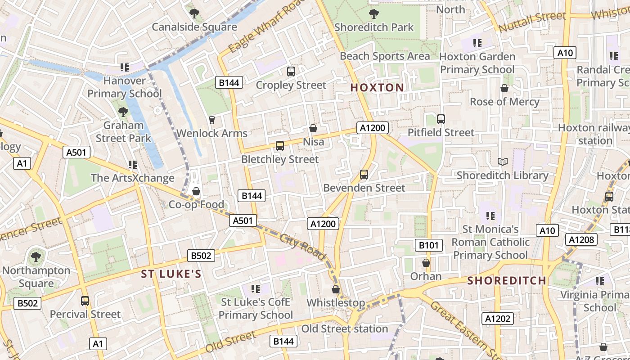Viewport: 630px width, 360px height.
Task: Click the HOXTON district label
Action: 377,88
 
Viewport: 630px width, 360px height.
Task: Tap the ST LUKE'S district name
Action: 171,274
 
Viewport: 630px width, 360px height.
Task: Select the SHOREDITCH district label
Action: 507,281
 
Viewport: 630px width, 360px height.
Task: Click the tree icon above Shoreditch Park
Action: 373,14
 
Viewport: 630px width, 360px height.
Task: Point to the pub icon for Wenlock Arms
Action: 212,120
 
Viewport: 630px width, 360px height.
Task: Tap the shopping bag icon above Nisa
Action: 313,128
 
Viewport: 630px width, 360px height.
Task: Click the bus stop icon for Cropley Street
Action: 291,71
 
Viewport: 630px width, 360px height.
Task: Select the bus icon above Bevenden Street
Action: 364,174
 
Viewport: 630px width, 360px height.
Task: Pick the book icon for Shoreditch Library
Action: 503,162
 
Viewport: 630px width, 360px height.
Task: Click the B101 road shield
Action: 428,245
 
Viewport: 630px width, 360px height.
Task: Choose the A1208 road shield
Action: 581,239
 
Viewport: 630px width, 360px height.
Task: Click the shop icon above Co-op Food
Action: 196,191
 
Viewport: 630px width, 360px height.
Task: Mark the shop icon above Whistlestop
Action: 336,289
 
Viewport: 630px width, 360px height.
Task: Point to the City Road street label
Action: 302,247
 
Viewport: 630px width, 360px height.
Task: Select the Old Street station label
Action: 345,329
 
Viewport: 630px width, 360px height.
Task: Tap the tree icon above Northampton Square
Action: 36,257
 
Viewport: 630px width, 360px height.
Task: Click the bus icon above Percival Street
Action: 85,301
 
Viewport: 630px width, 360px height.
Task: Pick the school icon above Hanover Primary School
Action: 125,67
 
